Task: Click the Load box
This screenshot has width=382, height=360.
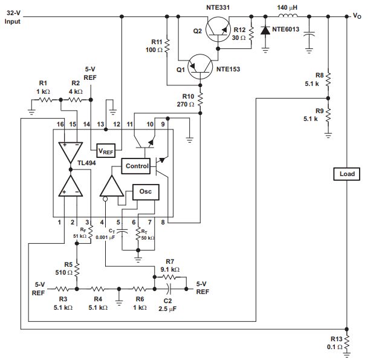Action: pyautogui.click(x=347, y=174)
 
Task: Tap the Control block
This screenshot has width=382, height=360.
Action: pyautogui.click(x=137, y=166)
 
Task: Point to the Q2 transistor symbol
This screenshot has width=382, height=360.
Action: pyautogui.click(x=218, y=29)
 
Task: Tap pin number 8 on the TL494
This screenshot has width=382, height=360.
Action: pyautogui.click(x=163, y=222)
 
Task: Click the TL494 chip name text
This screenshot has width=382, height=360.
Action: pyautogui.click(x=86, y=163)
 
